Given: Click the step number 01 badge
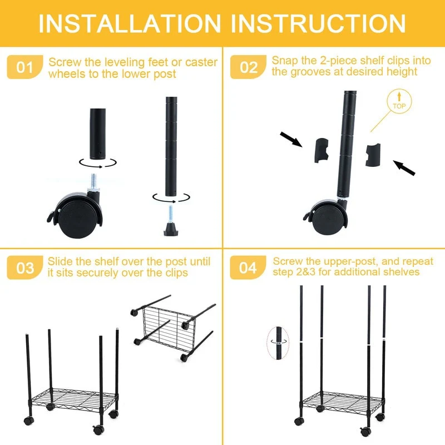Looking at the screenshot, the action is pos(25,67).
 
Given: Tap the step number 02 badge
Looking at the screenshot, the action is pos(248,67).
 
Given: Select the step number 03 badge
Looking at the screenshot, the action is pos(25,268).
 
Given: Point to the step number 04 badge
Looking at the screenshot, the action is pos(248,268).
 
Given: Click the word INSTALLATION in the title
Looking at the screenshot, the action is pos(130,23).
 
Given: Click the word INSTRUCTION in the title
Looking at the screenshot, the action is pos(318,23).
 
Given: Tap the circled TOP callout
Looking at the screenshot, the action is pos(399,102).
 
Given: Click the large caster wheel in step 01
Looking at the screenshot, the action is pos(75,215).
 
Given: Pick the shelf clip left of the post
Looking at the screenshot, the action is pos(322,150).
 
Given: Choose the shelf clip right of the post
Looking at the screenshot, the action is pos(373,155).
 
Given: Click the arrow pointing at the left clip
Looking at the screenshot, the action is pos(291,140).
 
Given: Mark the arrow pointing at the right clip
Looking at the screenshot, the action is pos(404,168).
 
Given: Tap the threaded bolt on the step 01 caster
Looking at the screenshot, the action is pos(93,182).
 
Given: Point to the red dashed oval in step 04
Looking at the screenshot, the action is pos(278,343).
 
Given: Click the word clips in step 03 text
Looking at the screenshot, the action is pos(177,273).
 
